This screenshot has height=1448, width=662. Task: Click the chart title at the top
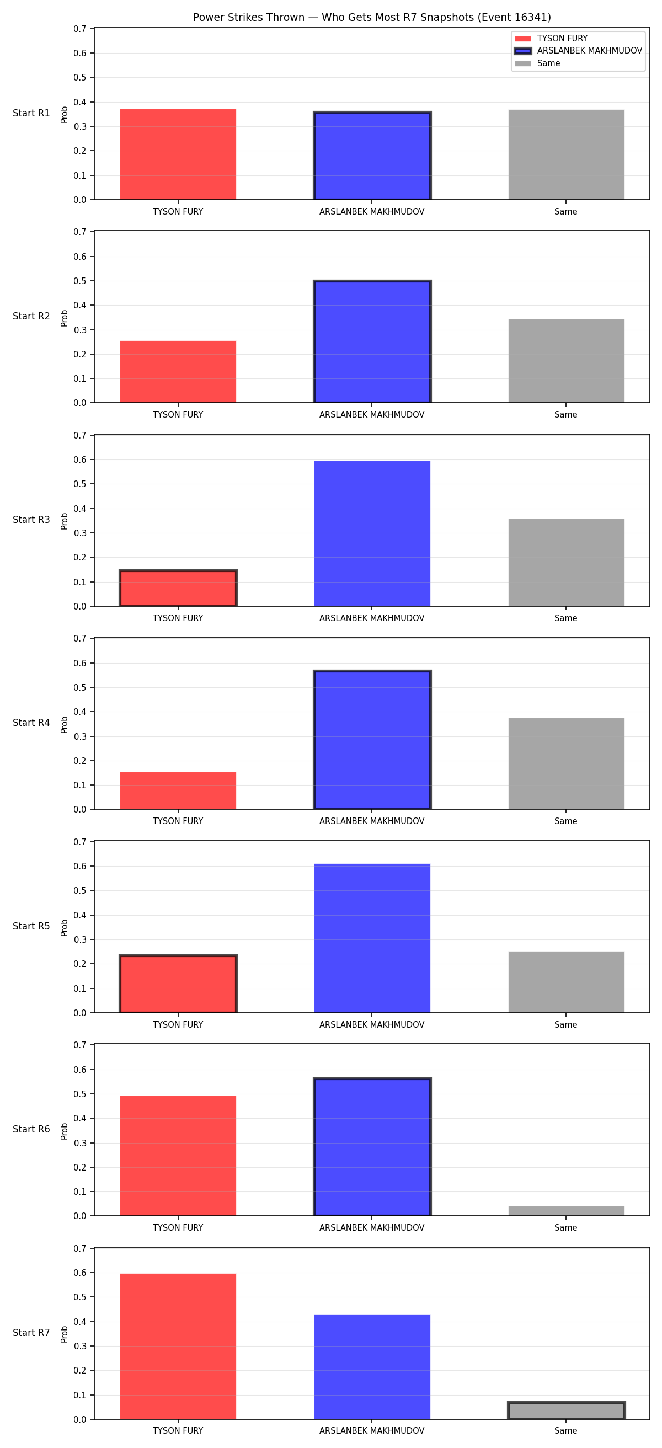click(x=372, y=18)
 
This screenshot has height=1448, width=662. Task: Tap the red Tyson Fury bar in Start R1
click(x=178, y=154)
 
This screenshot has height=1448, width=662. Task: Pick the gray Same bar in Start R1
click(x=567, y=154)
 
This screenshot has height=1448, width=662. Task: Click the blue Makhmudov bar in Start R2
click(x=372, y=342)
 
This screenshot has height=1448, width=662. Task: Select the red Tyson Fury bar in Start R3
click(x=178, y=588)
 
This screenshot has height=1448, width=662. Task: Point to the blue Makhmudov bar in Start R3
click(x=372, y=533)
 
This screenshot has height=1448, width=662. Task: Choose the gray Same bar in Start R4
click(x=567, y=764)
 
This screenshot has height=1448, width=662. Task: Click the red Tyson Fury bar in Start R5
click(x=178, y=984)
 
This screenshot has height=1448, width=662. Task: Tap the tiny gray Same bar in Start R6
click(x=567, y=1211)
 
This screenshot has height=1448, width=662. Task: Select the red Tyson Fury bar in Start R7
click(x=178, y=1347)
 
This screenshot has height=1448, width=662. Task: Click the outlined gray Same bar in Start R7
click(x=567, y=1411)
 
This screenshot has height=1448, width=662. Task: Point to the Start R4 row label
click(x=31, y=723)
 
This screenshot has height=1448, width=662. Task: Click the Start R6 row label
click(x=31, y=1129)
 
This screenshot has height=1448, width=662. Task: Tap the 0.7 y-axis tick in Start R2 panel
click(x=80, y=232)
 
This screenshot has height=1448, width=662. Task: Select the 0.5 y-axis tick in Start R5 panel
click(x=80, y=891)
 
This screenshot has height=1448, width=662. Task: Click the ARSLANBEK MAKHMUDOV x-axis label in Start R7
click(x=372, y=1431)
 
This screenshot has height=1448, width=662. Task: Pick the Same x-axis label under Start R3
click(x=566, y=618)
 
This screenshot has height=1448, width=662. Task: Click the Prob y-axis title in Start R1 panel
click(x=65, y=114)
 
